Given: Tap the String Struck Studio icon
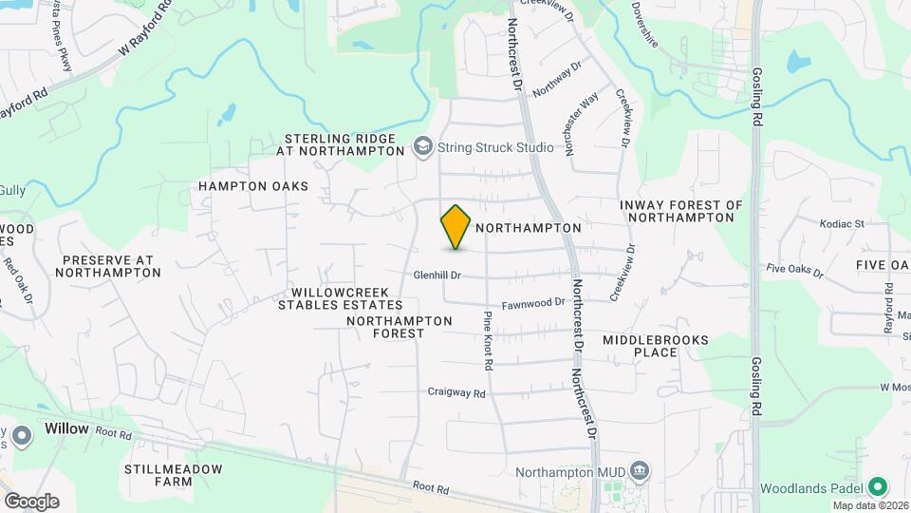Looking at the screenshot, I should coord(422,147).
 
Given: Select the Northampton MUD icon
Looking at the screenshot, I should coord(641,470).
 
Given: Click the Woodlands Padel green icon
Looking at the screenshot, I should coord(878,487).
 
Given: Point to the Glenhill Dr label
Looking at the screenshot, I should coord(437,275).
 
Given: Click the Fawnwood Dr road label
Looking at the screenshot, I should coord(533,303).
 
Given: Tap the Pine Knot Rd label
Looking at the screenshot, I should coord(488,340).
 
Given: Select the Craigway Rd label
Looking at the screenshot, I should coord(456,391).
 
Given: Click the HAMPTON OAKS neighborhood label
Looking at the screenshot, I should coord(253,186).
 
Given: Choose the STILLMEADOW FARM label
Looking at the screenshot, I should coord(173,475).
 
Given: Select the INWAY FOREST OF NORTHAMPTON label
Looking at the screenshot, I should coord(680,211).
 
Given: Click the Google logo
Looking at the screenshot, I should coord(31,502).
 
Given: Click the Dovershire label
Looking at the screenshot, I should coord(657,13).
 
